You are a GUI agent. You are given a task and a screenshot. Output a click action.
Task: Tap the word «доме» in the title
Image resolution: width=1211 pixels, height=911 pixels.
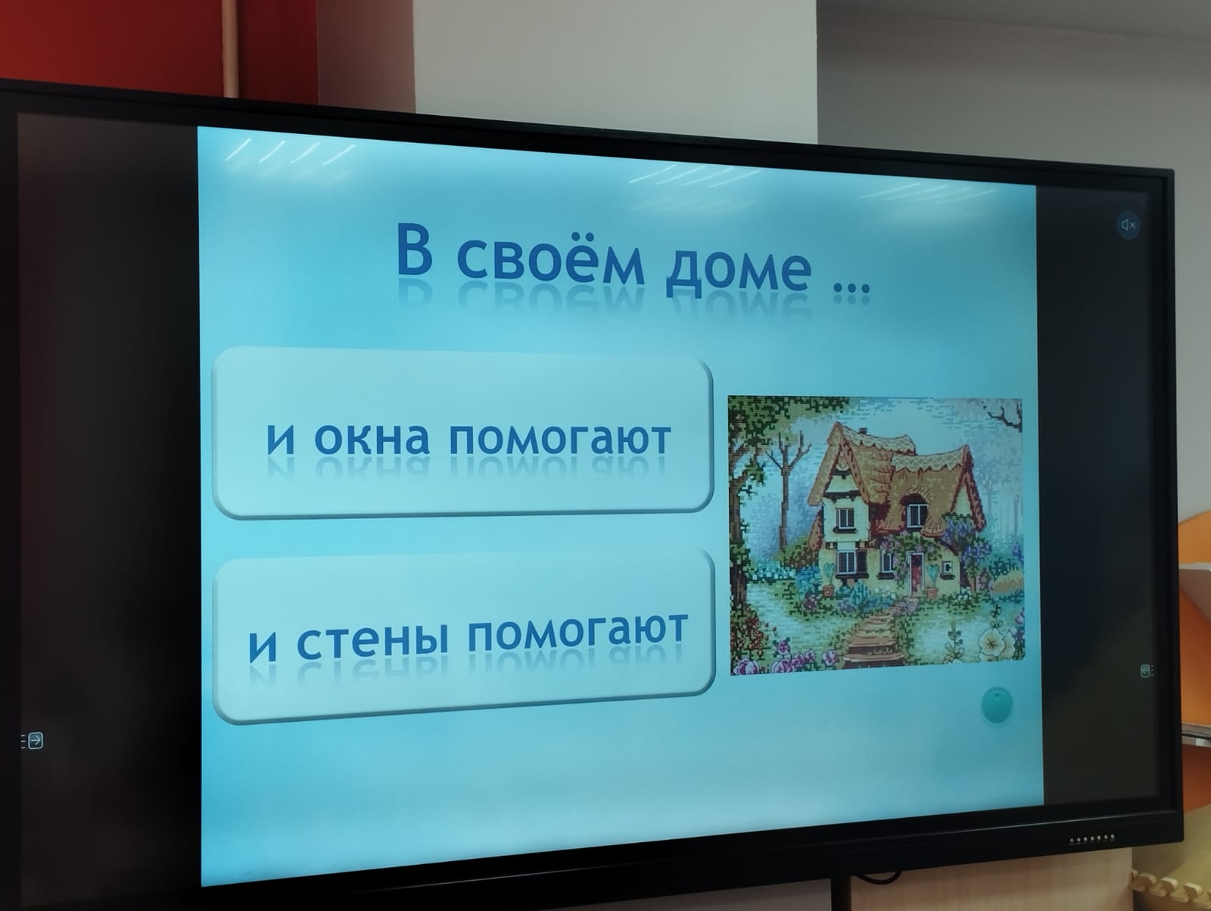(x=738, y=269)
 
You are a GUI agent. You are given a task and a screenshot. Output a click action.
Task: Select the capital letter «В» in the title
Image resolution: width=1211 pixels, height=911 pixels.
(x=414, y=250)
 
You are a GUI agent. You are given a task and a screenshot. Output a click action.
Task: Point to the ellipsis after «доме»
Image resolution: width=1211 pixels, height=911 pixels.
(x=851, y=288)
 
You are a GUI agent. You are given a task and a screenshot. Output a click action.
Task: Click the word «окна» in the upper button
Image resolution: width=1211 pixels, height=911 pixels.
(x=372, y=438)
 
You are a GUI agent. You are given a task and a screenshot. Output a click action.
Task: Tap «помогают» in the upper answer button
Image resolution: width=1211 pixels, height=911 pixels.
(x=560, y=440)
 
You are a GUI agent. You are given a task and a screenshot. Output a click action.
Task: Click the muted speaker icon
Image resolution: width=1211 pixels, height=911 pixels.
(x=1129, y=225)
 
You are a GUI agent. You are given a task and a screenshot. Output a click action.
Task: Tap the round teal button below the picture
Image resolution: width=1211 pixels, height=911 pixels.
(x=998, y=704)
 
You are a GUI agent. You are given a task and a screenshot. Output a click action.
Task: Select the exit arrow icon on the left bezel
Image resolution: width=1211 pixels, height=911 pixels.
(x=33, y=740)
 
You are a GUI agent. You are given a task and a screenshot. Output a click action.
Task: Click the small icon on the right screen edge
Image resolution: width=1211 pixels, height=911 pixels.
(x=1147, y=670)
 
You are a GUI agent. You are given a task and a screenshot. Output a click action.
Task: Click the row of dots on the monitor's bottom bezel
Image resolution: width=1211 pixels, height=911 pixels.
(x=1092, y=839)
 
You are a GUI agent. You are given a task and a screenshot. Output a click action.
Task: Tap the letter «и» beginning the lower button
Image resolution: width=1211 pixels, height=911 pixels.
(x=263, y=646)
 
